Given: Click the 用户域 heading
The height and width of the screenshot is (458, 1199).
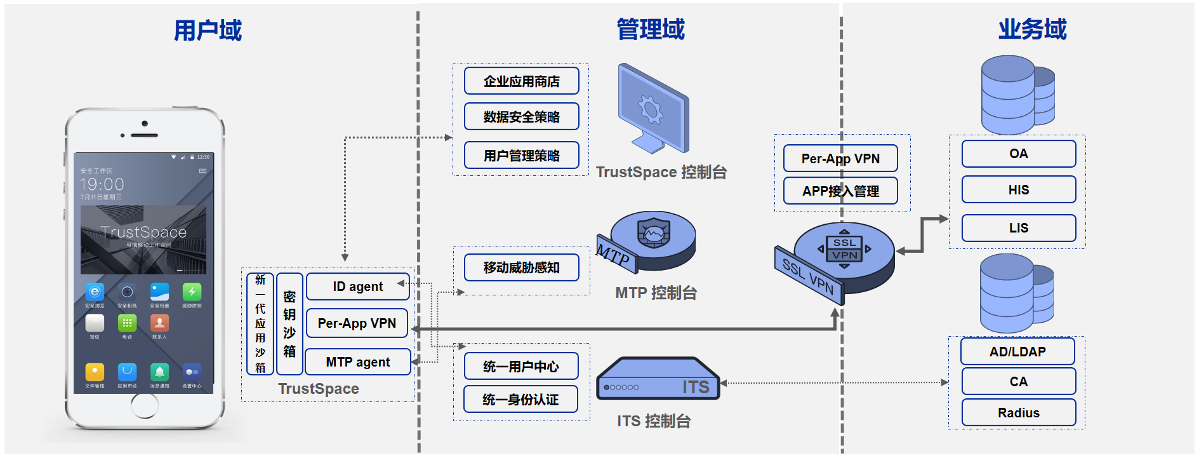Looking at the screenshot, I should click(x=208, y=30).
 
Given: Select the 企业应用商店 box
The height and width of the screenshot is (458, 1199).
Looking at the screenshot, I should click(x=521, y=81).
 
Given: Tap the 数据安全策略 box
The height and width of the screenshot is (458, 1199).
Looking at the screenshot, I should click(x=521, y=117).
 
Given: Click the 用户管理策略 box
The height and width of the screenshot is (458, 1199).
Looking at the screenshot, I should click(x=521, y=156).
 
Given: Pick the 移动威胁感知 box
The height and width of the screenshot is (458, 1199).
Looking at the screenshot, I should click(x=521, y=267).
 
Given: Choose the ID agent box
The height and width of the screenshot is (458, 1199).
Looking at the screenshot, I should click(x=357, y=286).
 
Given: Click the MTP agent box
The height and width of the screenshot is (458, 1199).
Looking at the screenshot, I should click(x=357, y=362).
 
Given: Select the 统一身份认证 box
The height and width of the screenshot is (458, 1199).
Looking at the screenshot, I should click(x=520, y=400).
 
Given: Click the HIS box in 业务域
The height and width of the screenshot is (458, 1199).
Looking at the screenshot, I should click(x=1018, y=190).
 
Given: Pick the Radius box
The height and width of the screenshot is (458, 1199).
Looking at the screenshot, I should click(x=1018, y=413).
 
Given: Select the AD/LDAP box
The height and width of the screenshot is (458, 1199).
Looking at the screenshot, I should click(x=1017, y=351).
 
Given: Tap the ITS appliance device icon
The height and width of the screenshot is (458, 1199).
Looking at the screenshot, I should click(x=658, y=380).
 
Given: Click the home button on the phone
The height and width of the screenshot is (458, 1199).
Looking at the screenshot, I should click(x=145, y=406).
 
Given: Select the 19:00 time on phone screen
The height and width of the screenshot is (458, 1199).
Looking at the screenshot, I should click(x=102, y=184).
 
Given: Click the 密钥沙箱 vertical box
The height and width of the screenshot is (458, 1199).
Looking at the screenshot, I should click(x=289, y=324).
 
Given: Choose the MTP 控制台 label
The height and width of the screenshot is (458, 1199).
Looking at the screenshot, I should click(x=656, y=293).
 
